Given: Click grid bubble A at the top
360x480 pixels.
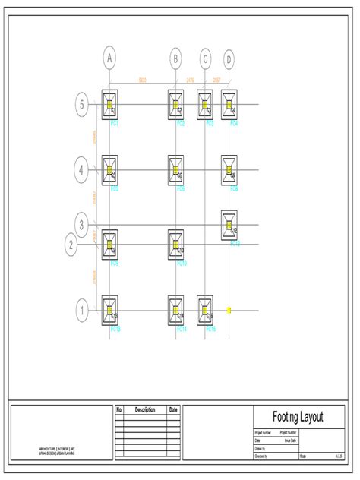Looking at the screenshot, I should pos(110,58).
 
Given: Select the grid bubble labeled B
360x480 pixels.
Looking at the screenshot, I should pos(175,58).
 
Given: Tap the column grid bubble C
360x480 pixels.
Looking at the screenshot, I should pos(205,58).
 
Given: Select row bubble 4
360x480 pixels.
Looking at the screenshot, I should pos(81,169).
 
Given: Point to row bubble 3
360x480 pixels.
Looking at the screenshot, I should pos(82,224).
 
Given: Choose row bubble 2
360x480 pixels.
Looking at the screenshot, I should pos(71,245).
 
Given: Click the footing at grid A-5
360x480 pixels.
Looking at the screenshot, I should pos(110,104).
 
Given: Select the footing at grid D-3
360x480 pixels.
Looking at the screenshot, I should pos(229,225).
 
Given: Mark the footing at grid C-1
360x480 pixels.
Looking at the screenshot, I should pos(205,310).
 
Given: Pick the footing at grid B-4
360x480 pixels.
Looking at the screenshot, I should pos(175,169).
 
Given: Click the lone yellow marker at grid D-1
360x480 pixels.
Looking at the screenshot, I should pos(229,310).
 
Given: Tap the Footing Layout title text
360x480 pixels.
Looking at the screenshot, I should pos(298,417).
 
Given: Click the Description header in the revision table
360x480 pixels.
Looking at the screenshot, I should pos(144,410).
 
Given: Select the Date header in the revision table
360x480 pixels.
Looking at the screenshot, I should pos(173,410).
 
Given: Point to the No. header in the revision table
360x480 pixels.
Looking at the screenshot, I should pos(119,410).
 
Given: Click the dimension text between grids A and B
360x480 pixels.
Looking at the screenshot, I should pos(142,80).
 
